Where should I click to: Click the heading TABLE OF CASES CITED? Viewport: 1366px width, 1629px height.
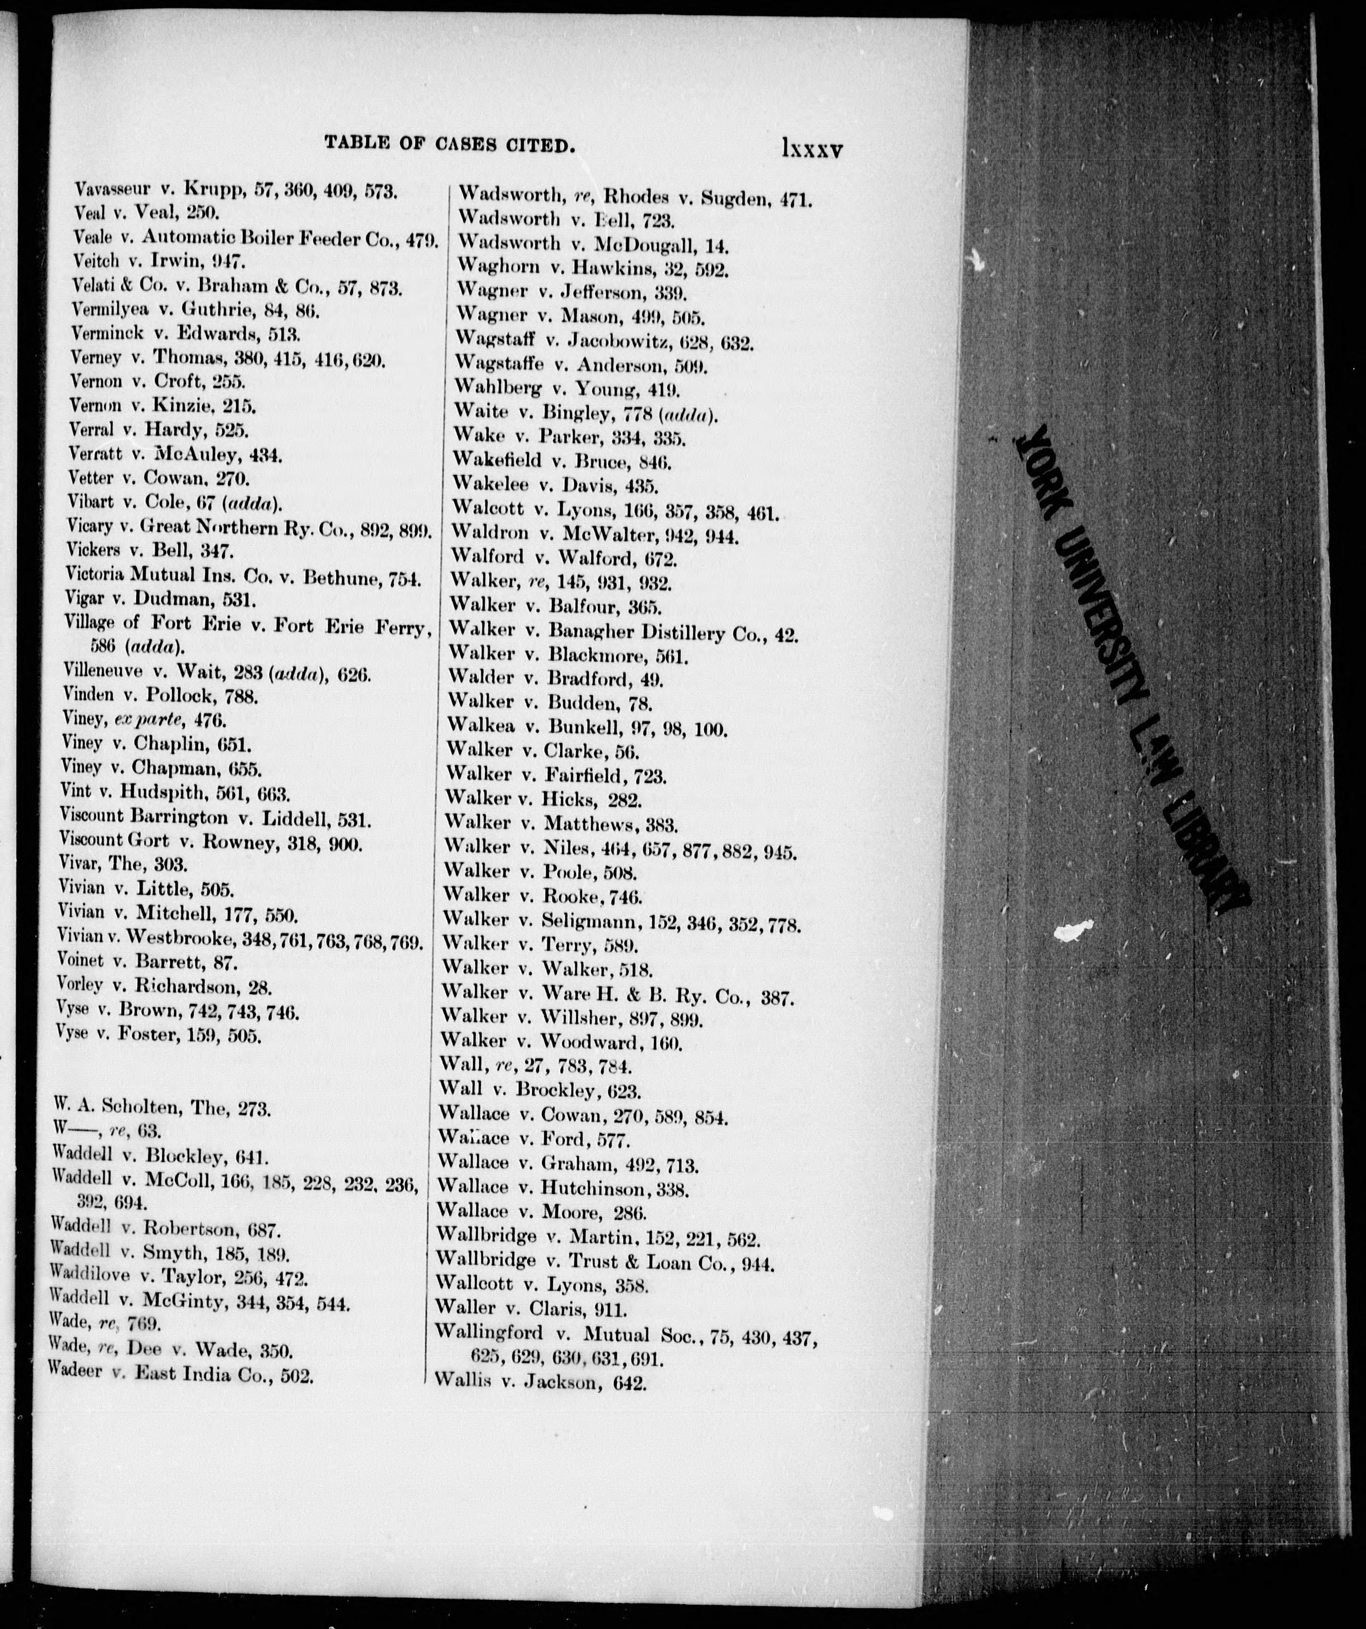449,144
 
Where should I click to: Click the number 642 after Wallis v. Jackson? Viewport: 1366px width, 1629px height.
629,1382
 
